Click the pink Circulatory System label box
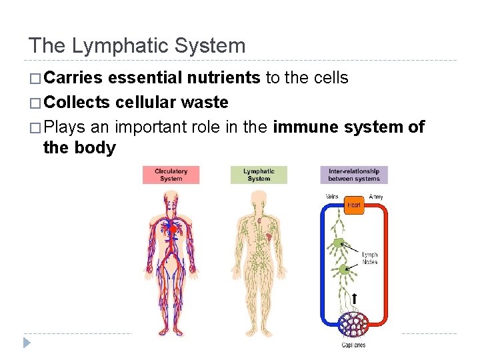click(x=171, y=175)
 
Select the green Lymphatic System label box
click(x=259, y=175)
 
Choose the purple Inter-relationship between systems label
click(x=354, y=175)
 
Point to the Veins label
click(x=332, y=197)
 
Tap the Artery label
click(x=376, y=197)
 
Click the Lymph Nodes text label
click(x=369, y=258)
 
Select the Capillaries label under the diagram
click(x=354, y=345)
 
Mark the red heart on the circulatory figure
click(x=172, y=229)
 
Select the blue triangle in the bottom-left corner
click(x=27, y=343)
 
